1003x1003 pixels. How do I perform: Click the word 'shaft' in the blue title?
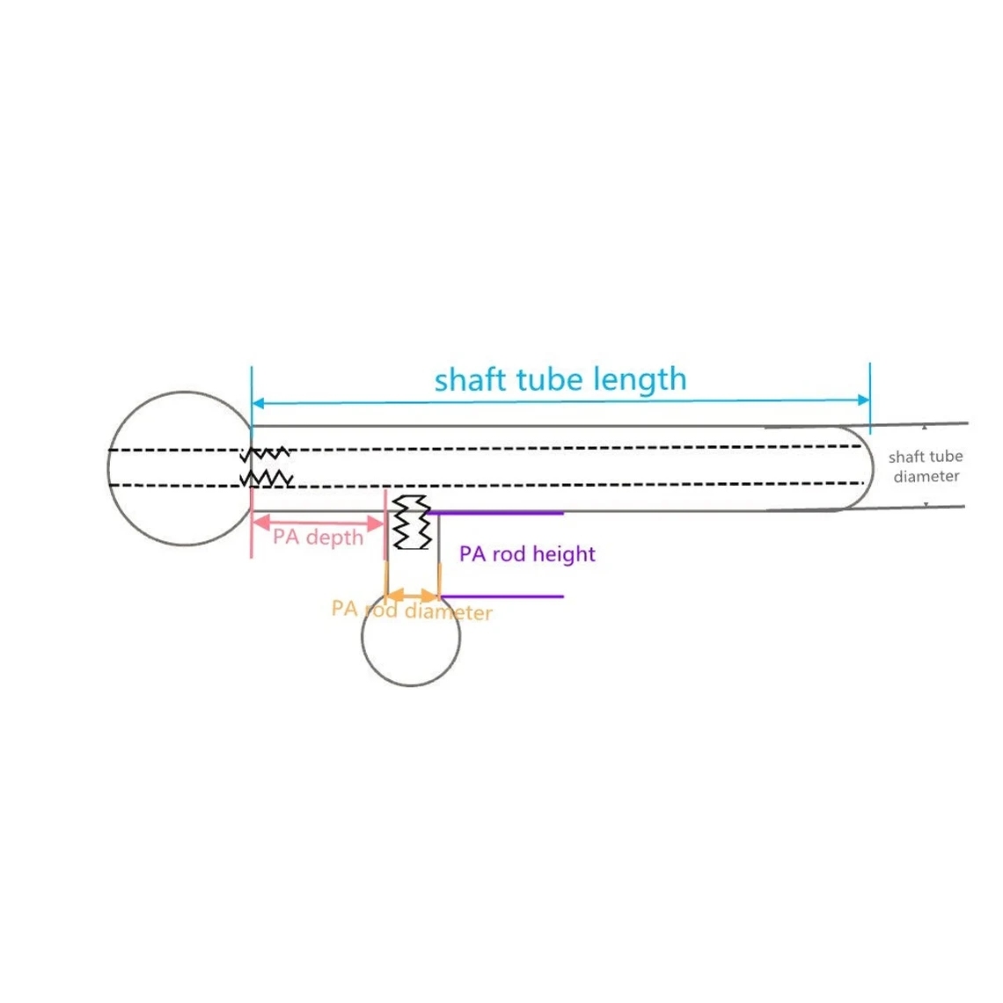(470, 380)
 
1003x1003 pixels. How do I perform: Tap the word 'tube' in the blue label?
(550, 380)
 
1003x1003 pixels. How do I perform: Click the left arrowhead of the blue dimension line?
(258, 403)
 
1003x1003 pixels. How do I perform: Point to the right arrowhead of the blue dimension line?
(864, 399)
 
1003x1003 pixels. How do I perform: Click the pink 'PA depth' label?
(318, 538)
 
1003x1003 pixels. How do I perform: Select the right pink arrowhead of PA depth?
(376, 523)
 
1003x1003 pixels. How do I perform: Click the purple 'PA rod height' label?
(527, 554)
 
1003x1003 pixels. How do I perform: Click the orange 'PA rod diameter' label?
(411, 611)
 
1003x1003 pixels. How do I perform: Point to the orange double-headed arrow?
(413, 597)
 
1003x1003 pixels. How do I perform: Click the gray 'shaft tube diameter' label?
(926, 466)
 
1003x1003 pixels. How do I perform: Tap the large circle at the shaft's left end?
(109, 468)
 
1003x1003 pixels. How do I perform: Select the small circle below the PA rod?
(411, 685)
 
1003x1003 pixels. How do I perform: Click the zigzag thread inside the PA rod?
(411, 522)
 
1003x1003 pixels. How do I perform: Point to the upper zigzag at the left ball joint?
(265, 454)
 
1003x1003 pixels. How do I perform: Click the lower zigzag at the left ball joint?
(266, 479)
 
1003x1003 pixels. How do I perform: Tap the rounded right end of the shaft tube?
(873, 468)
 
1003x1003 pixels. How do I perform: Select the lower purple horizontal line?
(501, 597)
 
